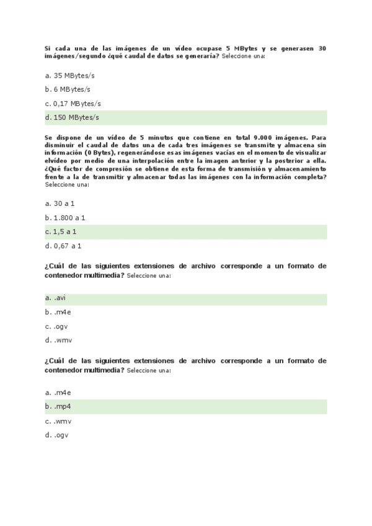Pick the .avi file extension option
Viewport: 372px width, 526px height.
(60, 299)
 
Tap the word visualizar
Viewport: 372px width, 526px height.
(310, 152)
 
